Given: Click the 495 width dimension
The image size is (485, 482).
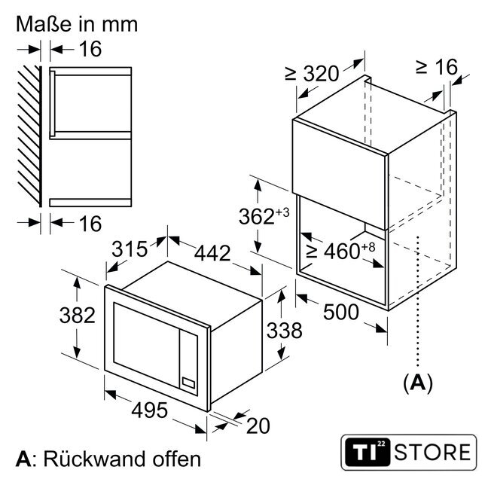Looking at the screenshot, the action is coord(149,410).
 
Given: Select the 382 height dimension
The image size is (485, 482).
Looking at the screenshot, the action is coord(78,316).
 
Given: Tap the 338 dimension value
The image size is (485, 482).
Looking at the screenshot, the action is coord(284,331).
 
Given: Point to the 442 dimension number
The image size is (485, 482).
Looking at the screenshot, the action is coord(212,253).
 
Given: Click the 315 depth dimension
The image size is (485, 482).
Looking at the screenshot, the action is coord(130,249).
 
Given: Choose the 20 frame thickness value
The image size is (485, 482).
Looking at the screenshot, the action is coord(258,426).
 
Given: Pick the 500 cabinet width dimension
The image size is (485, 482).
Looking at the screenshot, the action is coord(341,312).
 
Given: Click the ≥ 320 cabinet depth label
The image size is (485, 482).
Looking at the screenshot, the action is coord(312,73).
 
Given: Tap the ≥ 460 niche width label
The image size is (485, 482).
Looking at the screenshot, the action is coord(341,250).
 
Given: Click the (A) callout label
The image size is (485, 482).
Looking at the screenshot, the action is coord(417,383).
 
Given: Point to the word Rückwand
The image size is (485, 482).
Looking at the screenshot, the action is coord(93,459).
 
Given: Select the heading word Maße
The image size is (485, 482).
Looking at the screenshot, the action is coord(44,24).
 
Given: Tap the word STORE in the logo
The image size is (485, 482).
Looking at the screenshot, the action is coord(432,453).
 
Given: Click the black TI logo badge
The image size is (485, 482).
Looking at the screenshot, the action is coord(368,452).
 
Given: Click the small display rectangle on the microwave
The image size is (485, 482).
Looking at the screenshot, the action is coord(188,383).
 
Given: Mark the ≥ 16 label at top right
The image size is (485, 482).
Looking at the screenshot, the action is coord(437,67).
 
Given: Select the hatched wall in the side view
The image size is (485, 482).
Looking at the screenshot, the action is coord(29,136).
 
